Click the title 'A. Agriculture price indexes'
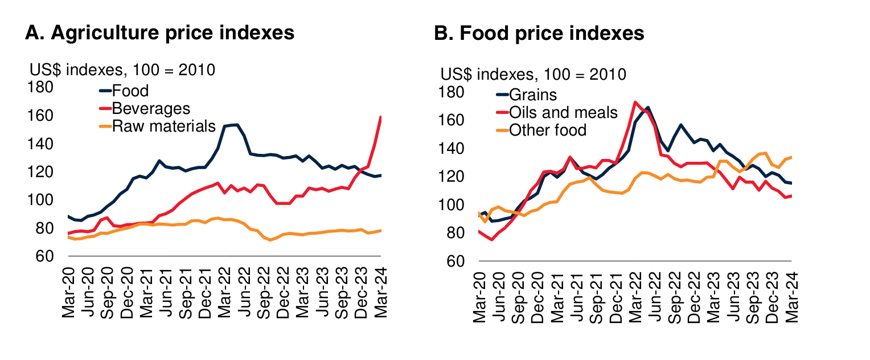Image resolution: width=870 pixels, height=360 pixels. (160, 32)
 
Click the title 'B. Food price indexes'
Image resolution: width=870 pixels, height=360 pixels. (539, 34)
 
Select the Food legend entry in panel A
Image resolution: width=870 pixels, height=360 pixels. (130, 91)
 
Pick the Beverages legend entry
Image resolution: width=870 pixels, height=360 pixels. (151, 108)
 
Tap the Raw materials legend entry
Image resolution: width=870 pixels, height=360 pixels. (164, 126)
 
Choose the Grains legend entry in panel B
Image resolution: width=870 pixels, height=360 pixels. (533, 95)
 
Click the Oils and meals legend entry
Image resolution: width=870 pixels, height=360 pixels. (563, 112)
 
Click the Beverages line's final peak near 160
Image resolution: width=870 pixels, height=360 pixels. (380, 117)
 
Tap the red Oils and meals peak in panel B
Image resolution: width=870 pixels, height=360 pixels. (635, 103)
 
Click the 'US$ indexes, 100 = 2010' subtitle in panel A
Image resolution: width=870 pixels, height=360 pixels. (122, 71)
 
